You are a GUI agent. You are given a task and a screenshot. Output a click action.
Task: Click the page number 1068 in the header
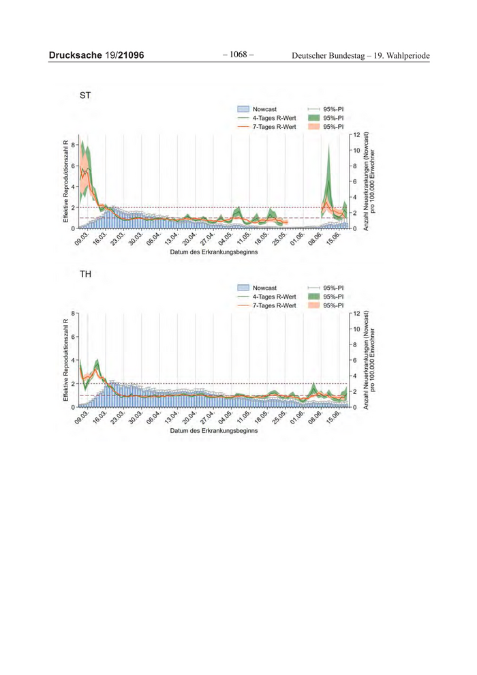(238, 54)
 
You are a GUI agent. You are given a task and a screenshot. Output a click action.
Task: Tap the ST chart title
(86, 95)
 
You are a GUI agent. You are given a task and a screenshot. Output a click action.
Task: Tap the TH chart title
(86, 275)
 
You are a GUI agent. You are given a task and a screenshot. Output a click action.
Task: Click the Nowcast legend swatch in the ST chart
(243, 108)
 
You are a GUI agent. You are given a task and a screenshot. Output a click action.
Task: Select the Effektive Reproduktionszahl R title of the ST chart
(66, 181)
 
